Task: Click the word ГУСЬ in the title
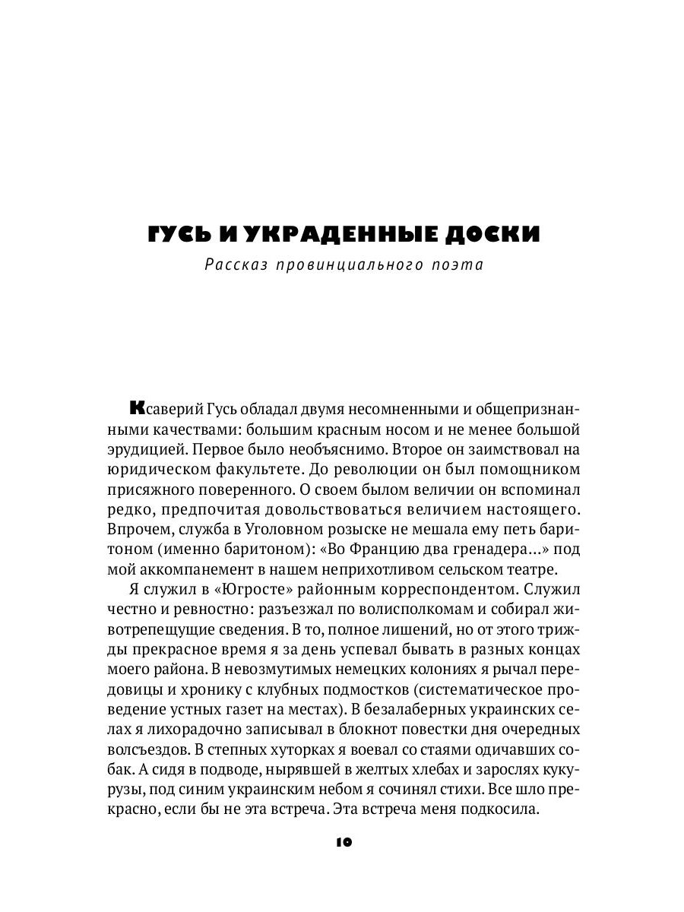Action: click(x=180, y=233)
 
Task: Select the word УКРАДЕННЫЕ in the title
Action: click(x=331, y=233)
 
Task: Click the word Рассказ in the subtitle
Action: click(x=233, y=266)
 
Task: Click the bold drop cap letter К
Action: click(x=137, y=408)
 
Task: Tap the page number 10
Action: click(x=342, y=841)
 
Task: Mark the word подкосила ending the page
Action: click(x=500, y=809)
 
